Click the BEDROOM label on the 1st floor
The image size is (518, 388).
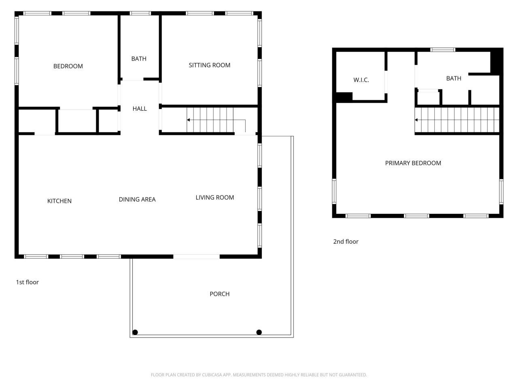click(68, 66)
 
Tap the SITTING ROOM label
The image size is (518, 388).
click(209, 65)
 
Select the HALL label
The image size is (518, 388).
click(140, 109)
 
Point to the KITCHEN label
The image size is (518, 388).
click(59, 201)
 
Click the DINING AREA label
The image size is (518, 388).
click(137, 199)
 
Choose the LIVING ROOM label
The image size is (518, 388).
click(214, 198)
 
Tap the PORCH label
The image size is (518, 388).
click(219, 294)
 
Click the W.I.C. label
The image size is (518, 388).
click(361, 80)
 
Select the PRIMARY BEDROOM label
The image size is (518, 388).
click(413, 163)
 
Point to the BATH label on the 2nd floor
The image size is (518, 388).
click(454, 78)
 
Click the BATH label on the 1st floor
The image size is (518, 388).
click(139, 59)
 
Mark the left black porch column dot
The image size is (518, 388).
click(135, 332)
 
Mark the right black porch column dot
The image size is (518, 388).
click(259, 332)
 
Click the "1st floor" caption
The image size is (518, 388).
click(27, 282)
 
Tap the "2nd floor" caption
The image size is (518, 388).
click(346, 242)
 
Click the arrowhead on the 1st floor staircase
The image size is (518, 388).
click(189, 120)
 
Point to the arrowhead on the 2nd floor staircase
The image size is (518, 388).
click(416, 120)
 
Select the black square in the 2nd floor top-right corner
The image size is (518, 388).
click(496, 61)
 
